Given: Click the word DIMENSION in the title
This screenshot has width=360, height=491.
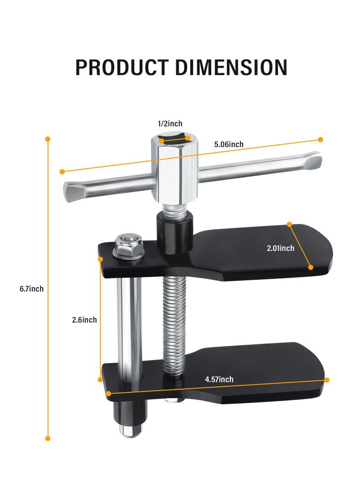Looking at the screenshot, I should click(231, 67).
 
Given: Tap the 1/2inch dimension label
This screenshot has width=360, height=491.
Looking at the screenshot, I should click(170, 124).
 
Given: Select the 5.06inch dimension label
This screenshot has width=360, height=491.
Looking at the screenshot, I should click(229, 144).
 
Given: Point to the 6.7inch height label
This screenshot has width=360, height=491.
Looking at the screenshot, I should click(31, 289).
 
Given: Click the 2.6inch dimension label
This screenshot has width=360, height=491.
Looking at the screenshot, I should click(84, 320).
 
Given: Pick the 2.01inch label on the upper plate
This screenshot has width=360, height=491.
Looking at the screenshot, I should click(280, 248).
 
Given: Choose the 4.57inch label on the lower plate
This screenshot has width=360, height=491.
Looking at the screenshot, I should click(219, 379).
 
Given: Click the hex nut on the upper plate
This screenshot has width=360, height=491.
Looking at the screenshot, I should click(128, 245).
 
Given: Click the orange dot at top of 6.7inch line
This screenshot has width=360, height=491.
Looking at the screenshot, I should click(48, 139).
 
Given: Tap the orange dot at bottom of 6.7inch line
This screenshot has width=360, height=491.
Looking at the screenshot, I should click(48, 438).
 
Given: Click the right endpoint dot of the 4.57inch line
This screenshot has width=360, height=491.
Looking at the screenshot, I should click(327, 380).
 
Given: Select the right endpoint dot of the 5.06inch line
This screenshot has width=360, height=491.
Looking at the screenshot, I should click(320, 140).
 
